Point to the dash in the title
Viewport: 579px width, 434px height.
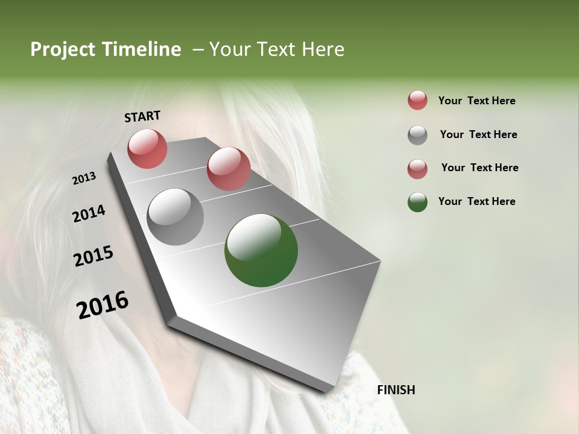pos(198,49)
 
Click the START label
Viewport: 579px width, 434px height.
pos(142,116)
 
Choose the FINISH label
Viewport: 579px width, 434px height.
pos(396,390)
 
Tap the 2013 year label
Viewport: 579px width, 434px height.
pos(84,178)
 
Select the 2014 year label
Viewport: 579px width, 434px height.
pos(89,214)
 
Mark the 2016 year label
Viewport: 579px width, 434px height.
pos(103,305)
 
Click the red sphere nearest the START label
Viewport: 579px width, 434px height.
pos(147,148)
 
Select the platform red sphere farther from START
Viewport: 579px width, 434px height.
pos(229,169)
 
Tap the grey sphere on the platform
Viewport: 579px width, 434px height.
pos(176,217)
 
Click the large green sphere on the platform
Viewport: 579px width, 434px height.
pos(261,250)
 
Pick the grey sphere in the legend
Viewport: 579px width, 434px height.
pos(417,135)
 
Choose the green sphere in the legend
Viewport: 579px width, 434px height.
pos(417,202)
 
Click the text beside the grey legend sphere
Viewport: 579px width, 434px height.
pos(478,134)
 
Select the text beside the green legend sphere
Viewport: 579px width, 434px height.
pos(476,201)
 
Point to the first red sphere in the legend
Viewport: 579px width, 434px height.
pos(417,101)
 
